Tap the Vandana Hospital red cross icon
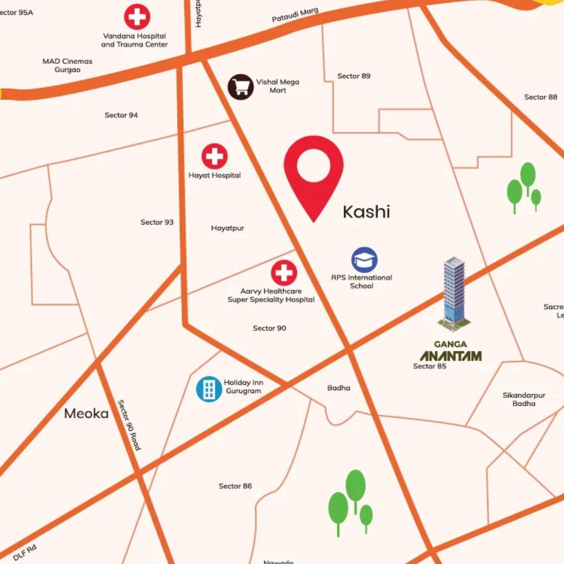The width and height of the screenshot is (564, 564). point(137,17)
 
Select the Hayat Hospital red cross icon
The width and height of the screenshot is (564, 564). point(215,156)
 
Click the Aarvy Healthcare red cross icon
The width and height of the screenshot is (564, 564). point(284,273)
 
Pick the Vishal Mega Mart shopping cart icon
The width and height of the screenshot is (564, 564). point(241,87)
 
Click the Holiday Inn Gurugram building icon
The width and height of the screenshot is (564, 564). point(209,389)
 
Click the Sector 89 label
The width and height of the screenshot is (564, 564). point(354,76)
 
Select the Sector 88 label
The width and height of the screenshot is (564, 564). point(540,97)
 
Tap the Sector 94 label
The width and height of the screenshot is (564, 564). point(121,115)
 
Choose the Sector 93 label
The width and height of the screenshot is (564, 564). point(157,222)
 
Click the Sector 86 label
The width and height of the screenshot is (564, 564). point(235,486)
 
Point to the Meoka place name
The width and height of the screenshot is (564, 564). point(86,414)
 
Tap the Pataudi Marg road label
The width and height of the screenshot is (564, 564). point(295,15)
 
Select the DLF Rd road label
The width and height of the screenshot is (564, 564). point(25,553)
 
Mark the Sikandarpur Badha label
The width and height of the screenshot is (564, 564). point(524,399)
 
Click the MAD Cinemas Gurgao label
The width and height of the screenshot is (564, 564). point(67,65)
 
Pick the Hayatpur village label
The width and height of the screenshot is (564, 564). point(227,228)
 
